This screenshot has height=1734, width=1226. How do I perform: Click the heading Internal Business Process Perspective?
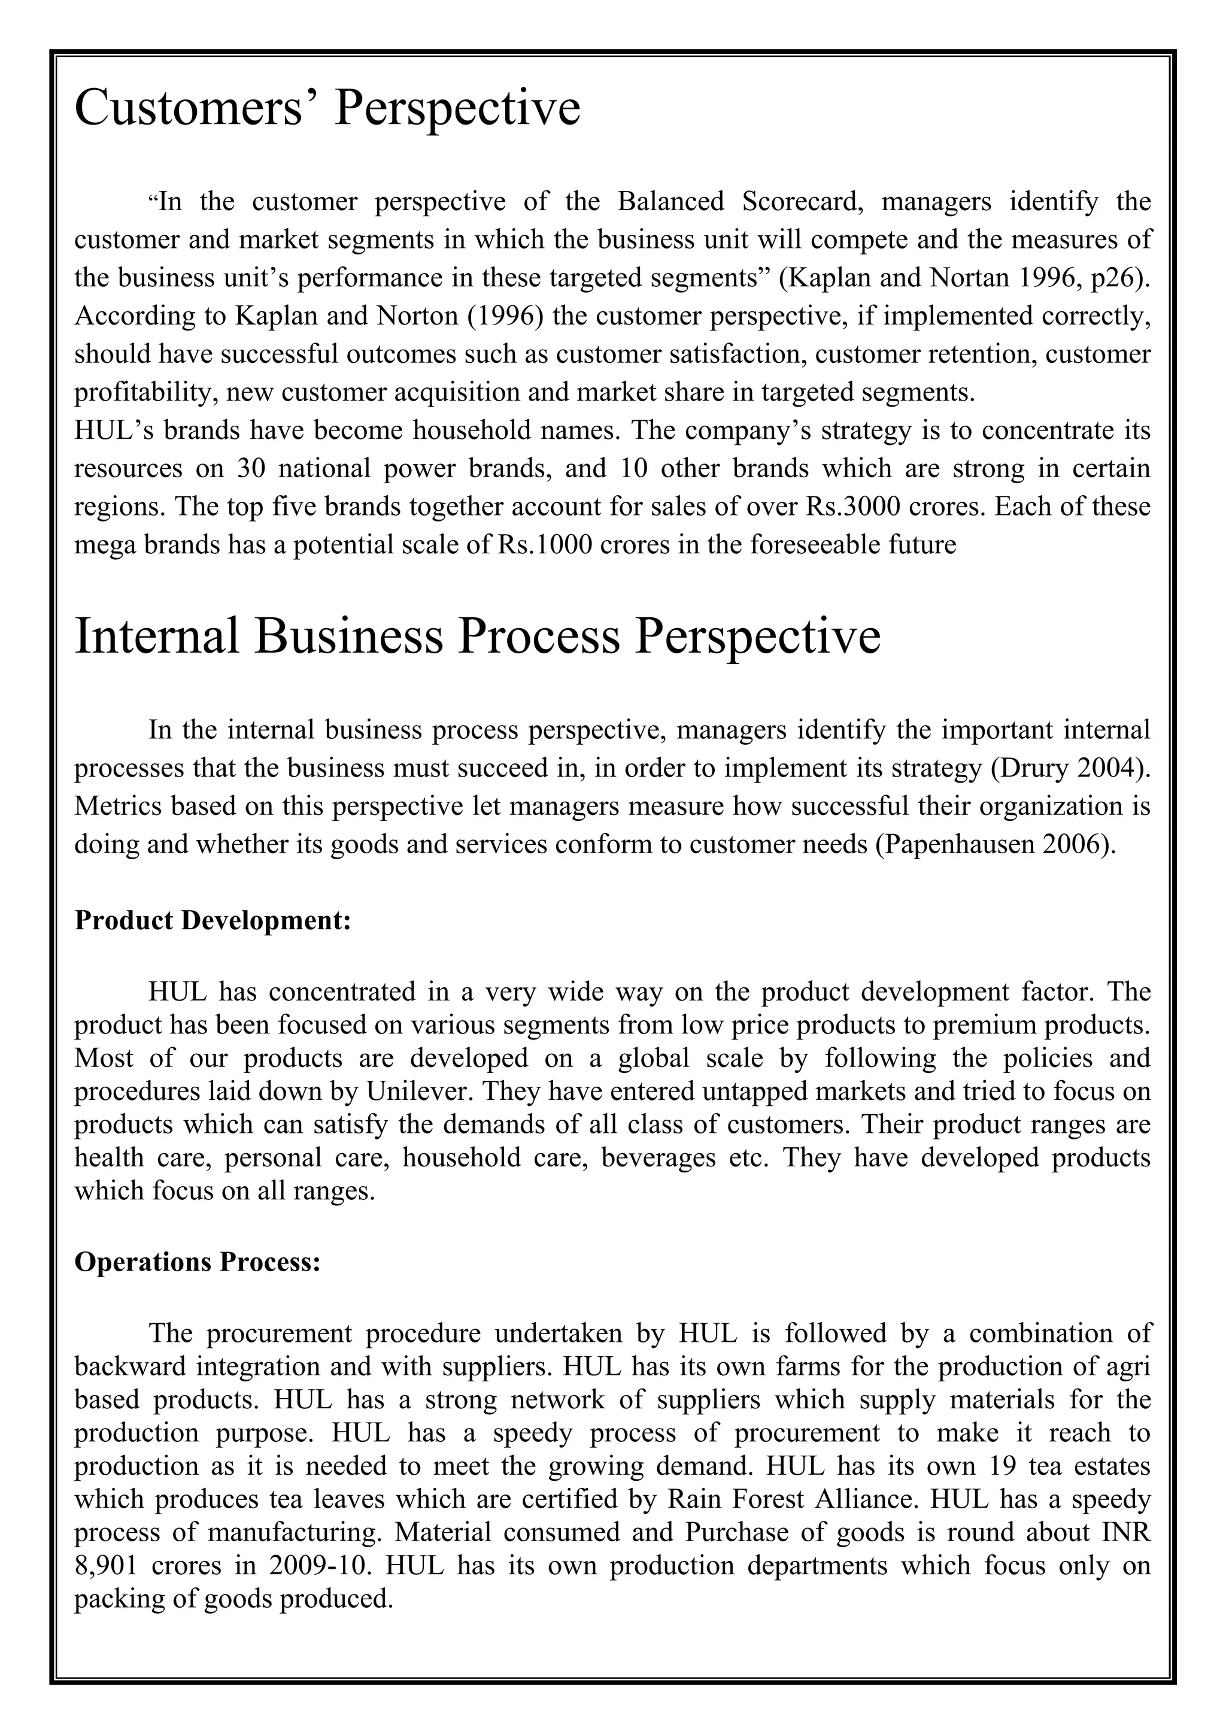tap(477, 636)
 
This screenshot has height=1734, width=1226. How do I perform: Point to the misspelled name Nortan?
tap(969, 278)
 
